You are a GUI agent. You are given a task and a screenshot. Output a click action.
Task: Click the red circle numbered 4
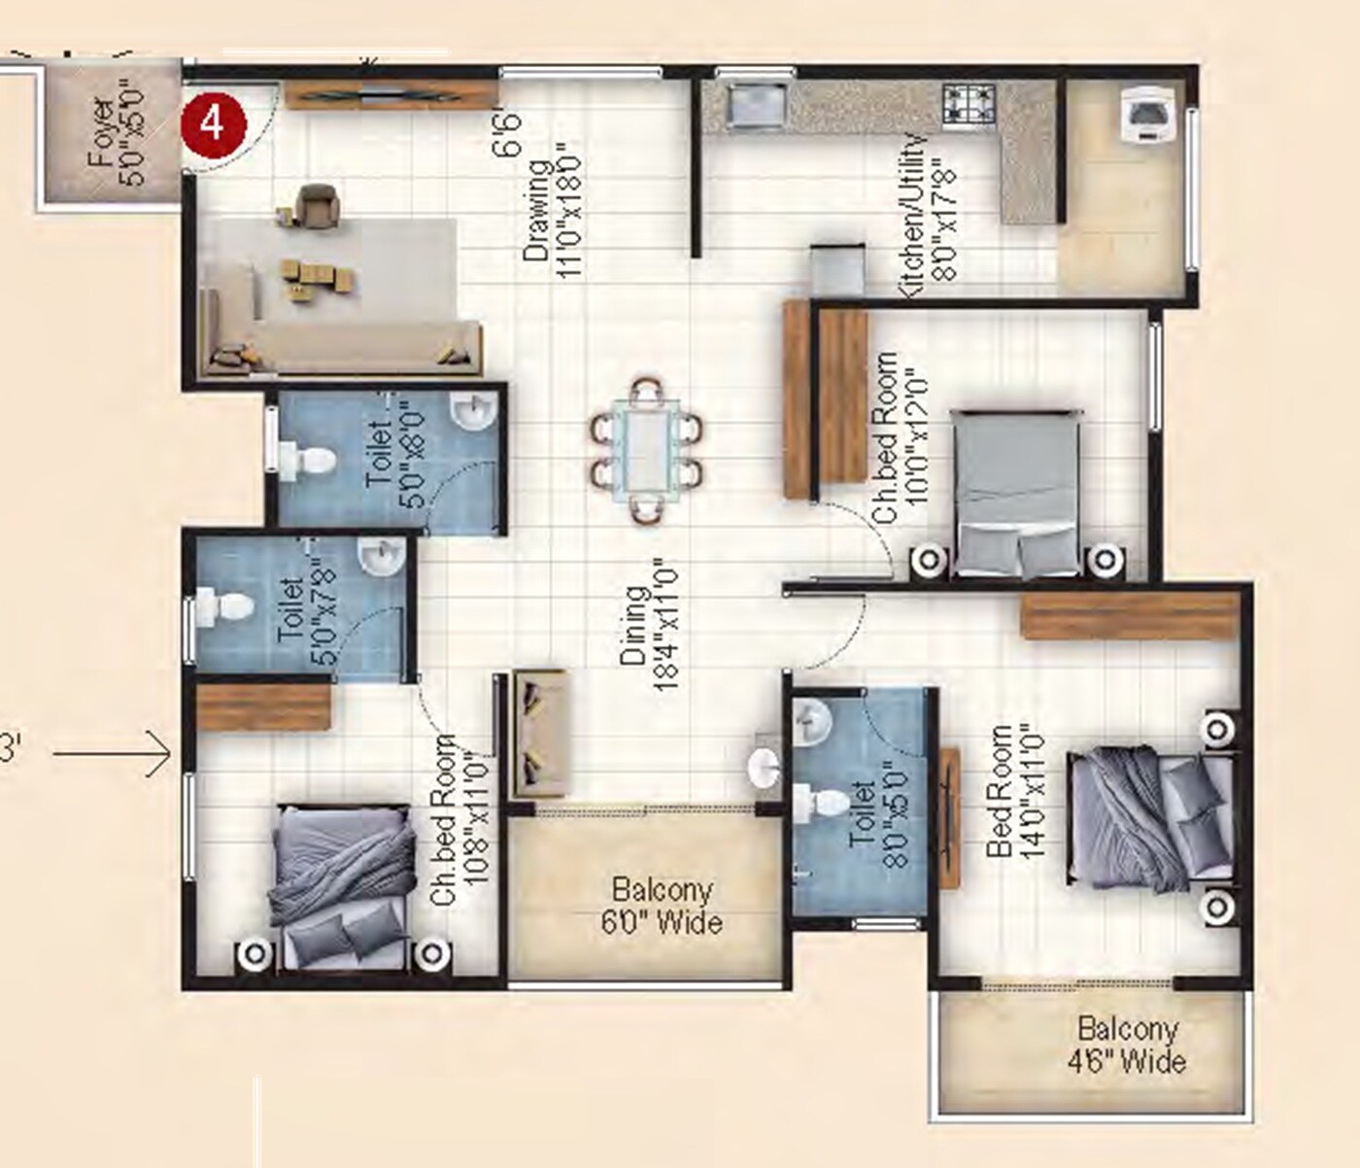coord(213,124)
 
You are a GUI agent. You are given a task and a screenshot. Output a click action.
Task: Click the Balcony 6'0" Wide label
coord(662,906)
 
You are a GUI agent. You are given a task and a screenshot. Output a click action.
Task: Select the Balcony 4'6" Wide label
coord(1127,1045)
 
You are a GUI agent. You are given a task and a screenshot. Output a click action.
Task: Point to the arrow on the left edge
coord(112,753)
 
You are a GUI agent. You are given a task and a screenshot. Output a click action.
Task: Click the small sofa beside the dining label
coord(540,732)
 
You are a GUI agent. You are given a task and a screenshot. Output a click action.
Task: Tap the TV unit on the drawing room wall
coord(391,94)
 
